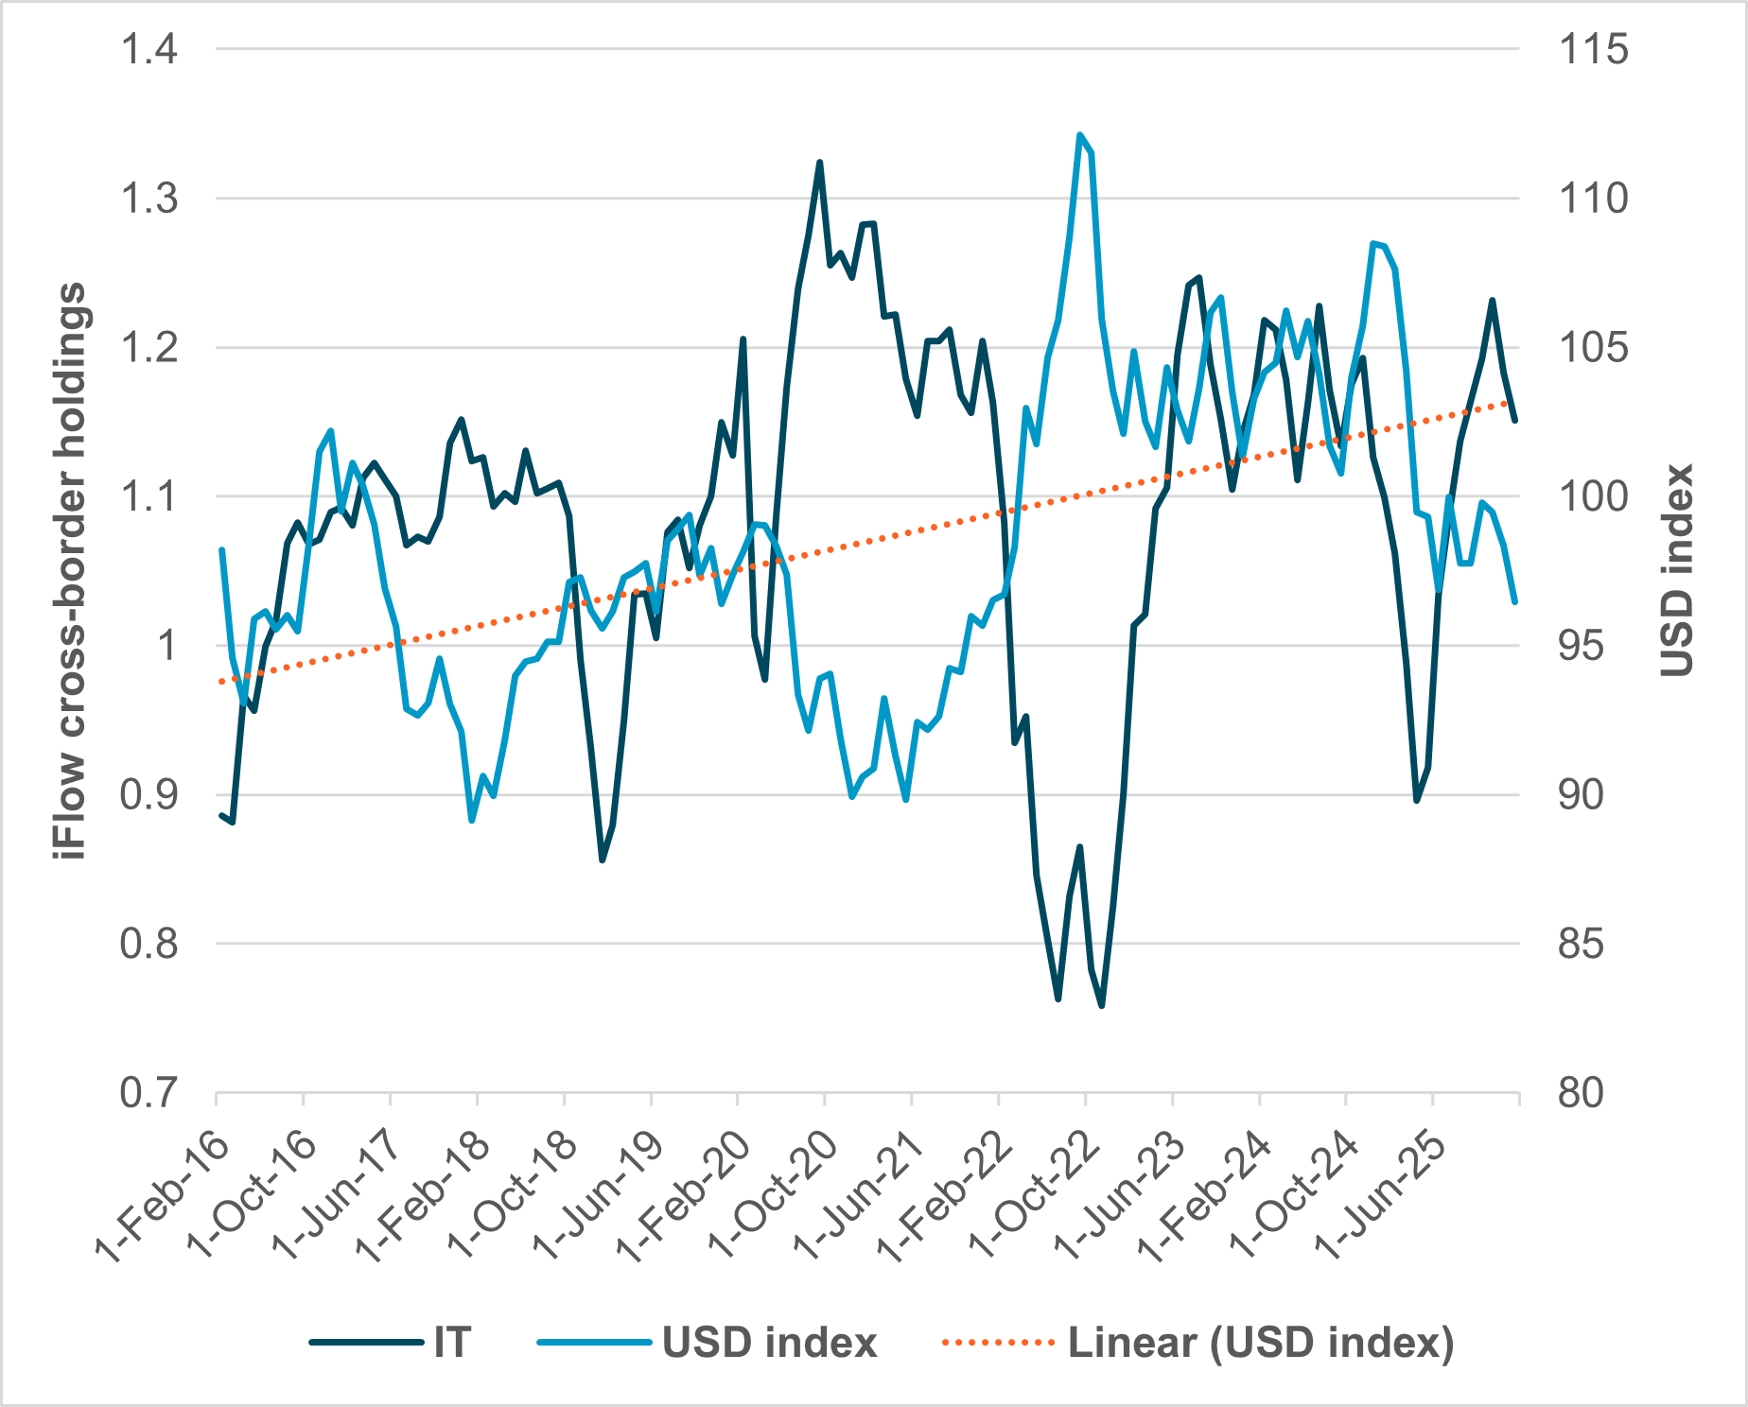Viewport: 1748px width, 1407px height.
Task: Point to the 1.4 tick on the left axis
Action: pos(149,49)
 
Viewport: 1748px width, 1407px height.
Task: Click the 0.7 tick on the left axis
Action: pos(149,1093)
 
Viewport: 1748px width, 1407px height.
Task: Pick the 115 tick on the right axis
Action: pos(1593,49)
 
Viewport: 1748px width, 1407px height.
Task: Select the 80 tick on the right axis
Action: pos(1581,1093)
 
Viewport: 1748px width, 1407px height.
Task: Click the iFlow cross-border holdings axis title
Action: pos(71,571)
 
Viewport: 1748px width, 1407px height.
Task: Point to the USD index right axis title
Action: pos(1676,571)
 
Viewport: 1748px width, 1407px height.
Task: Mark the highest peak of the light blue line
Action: pos(1079,135)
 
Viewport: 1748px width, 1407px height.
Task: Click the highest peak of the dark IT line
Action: pos(819,163)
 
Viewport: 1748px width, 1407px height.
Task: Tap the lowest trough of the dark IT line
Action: pos(1102,1005)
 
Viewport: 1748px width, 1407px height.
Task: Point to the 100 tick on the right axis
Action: pos(1593,496)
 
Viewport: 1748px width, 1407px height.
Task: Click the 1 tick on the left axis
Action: pos(166,646)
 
